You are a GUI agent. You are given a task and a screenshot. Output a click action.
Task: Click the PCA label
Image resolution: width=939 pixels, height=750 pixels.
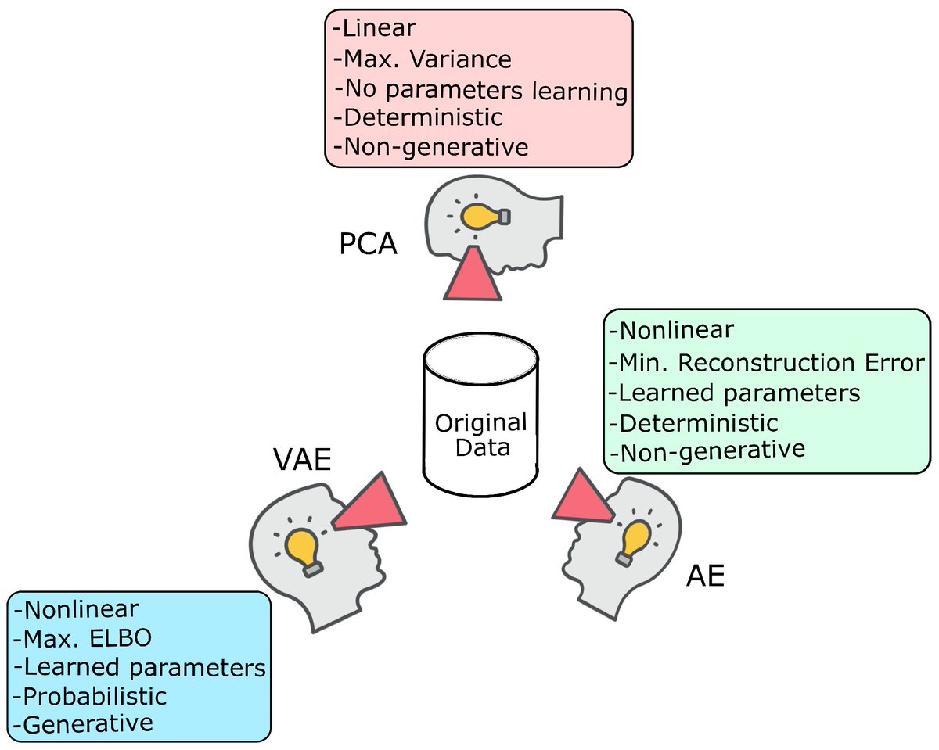(x=369, y=243)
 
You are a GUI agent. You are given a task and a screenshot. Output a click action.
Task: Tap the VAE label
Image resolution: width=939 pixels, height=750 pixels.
(x=302, y=459)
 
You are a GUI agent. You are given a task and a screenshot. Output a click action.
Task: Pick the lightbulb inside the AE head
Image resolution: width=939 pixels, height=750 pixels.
(x=632, y=543)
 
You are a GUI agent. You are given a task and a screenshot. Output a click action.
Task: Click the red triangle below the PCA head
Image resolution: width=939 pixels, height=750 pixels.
(x=473, y=274)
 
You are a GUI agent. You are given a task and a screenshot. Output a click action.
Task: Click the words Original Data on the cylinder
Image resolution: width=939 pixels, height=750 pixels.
(x=481, y=435)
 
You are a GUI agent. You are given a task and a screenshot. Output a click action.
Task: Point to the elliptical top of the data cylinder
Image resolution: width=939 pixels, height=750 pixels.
(x=480, y=359)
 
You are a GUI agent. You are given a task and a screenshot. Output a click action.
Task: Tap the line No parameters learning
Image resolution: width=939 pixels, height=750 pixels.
(x=480, y=91)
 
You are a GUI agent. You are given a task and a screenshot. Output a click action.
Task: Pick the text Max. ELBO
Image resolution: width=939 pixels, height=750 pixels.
(x=83, y=639)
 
